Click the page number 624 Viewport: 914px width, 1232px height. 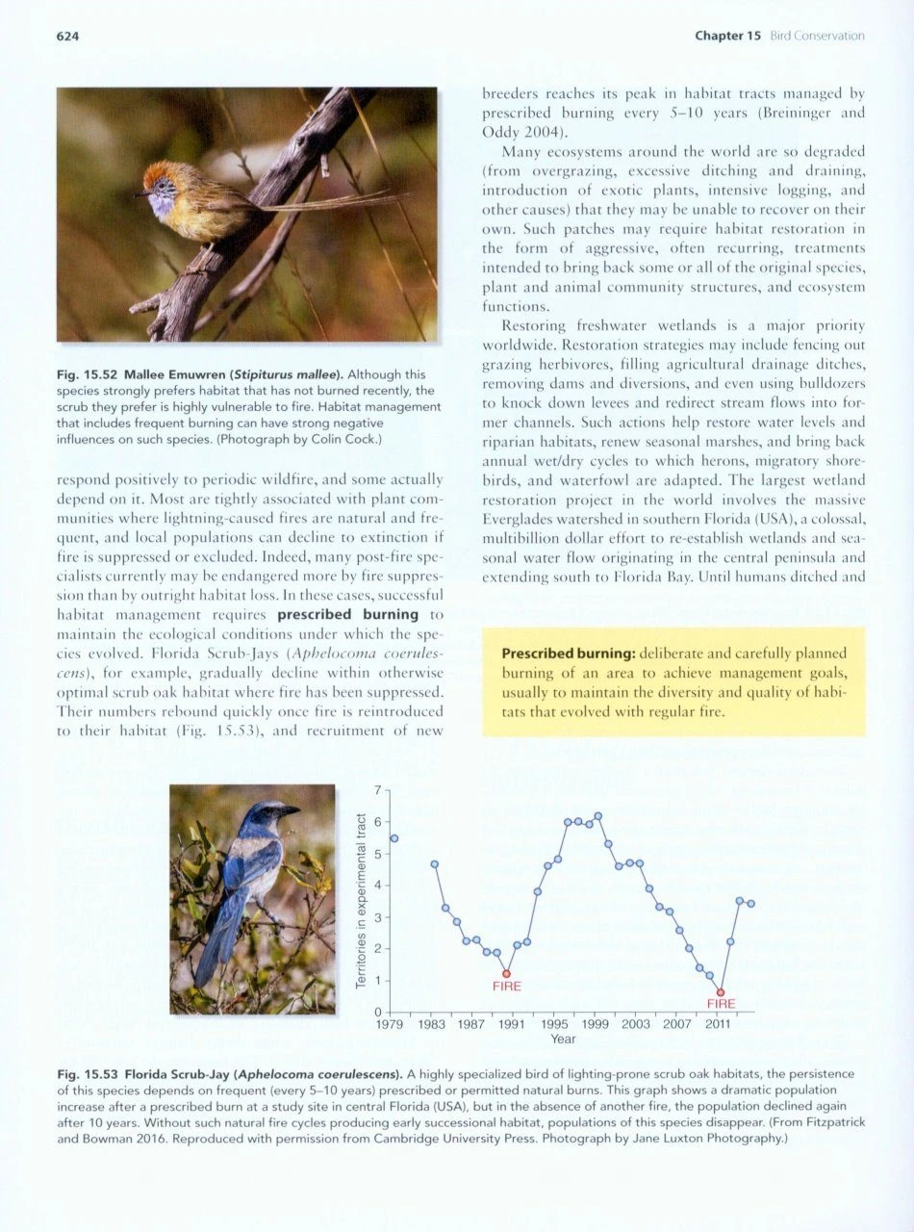[x=66, y=37]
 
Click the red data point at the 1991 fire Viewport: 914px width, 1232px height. [x=506, y=974]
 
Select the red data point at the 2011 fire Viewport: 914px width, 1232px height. [x=720, y=992]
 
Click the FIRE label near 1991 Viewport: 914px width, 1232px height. [x=506, y=987]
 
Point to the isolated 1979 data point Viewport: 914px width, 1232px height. [x=394, y=838]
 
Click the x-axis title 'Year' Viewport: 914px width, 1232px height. [x=563, y=1039]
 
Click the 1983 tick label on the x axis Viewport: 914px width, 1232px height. [x=430, y=1025]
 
